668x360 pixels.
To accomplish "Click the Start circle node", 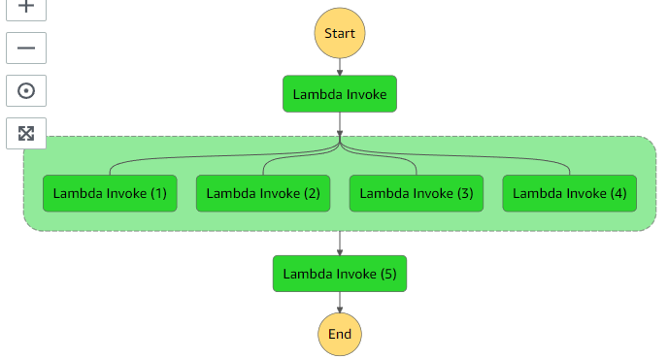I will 340,33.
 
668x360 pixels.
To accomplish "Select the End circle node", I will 340,335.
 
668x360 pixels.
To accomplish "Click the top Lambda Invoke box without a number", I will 340,94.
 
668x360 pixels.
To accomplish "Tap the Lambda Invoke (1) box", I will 110,193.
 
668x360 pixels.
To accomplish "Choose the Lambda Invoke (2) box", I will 263,193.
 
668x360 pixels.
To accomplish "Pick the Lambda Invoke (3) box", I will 417,193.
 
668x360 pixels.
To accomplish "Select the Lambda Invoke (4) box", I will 569,193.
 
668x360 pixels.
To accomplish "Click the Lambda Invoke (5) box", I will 340,274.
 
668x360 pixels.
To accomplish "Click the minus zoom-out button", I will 26,47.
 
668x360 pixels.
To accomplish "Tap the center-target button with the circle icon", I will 26,90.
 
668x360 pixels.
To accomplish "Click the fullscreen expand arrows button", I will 26,133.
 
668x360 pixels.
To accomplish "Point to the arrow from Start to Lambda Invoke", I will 340,67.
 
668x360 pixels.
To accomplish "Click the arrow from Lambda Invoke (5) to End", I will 340,304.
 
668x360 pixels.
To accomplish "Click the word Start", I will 340,33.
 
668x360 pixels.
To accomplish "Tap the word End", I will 340,335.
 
